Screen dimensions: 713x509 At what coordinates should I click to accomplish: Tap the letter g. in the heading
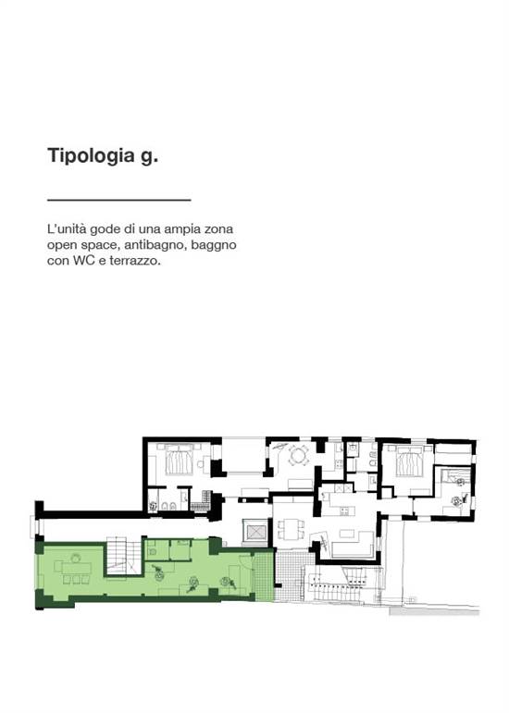[x=150, y=156]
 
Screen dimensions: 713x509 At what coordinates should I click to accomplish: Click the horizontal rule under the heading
[x=118, y=199]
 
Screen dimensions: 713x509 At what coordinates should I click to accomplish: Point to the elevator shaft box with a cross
[x=253, y=532]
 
